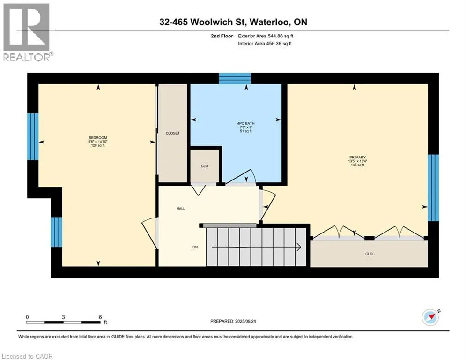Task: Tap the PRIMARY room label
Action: click(354, 157)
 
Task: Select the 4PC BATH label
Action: click(244, 123)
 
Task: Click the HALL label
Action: click(180, 209)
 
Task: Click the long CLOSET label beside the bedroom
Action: click(172, 133)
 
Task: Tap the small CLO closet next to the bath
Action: click(204, 166)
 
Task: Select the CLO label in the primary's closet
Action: click(369, 254)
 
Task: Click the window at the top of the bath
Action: click(235, 78)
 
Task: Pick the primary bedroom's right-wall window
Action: click(434, 187)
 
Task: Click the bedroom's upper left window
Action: click(32, 136)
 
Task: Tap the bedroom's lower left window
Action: click(56, 232)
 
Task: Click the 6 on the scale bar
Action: click(100, 317)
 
